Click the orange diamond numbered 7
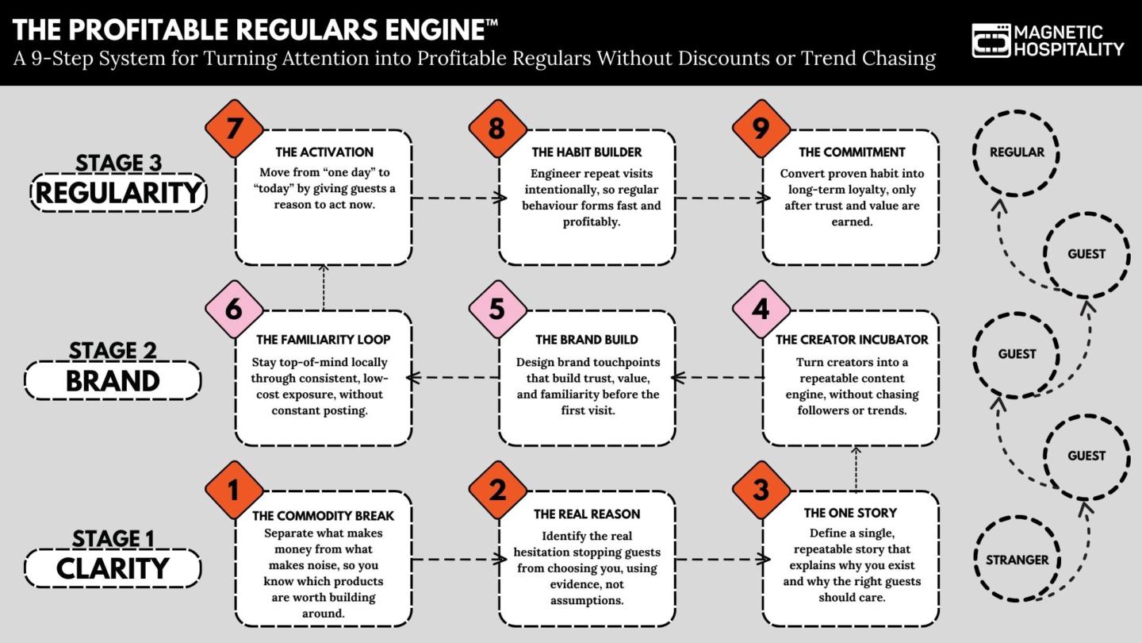tap(234, 129)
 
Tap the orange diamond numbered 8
tap(497, 129)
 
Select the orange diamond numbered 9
tap(761, 129)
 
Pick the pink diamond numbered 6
tap(234, 309)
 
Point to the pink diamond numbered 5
tap(497, 309)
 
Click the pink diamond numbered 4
tap(761, 309)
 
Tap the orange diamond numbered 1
tap(234, 490)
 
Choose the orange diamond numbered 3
tap(761, 490)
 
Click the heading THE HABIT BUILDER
tap(587, 152)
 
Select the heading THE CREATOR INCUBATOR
tap(851, 340)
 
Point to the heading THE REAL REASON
tap(587, 514)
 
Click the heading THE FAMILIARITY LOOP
tap(324, 340)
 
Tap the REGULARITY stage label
tap(118, 193)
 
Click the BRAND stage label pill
tap(113, 380)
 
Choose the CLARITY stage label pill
tap(113, 568)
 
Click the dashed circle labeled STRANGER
tap(1017, 560)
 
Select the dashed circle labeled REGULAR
tap(1017, 152)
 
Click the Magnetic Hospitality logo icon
tap(991, 40)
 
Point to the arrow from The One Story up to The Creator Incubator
tap(856, 468)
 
